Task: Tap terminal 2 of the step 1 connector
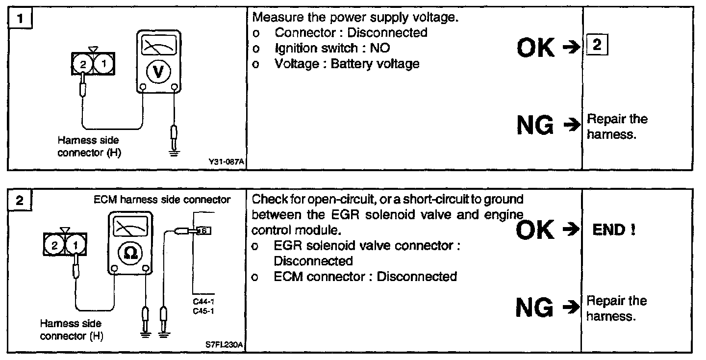(x=83, y=64)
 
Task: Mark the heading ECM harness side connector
(x=162, y=200)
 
